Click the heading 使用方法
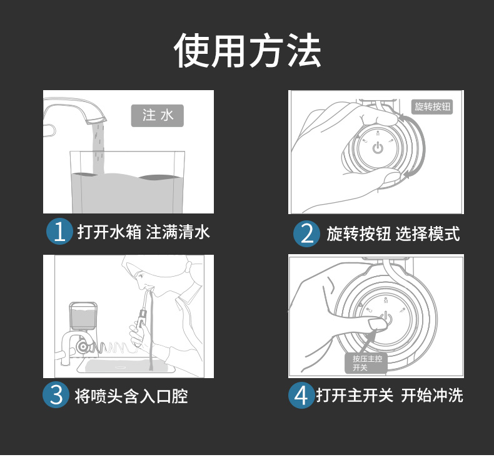tap(248, 51)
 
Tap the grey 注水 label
tap(157, 115)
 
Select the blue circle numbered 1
tap(59, 232)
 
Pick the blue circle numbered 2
tap(306, 233)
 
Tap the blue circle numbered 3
tap(56, 395)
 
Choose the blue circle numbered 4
tap(301, 395)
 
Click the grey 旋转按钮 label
tap(432, 106)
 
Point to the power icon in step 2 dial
tap(378, 148)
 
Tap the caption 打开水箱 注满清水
tap(144, 232)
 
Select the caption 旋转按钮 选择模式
tap(393, 233)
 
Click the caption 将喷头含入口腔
tap(131, 396)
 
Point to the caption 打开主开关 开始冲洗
tap(390, 395)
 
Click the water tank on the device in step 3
tap(83, 316)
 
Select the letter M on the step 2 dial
tap(378, 134)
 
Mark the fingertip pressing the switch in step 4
tap(377, 324)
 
